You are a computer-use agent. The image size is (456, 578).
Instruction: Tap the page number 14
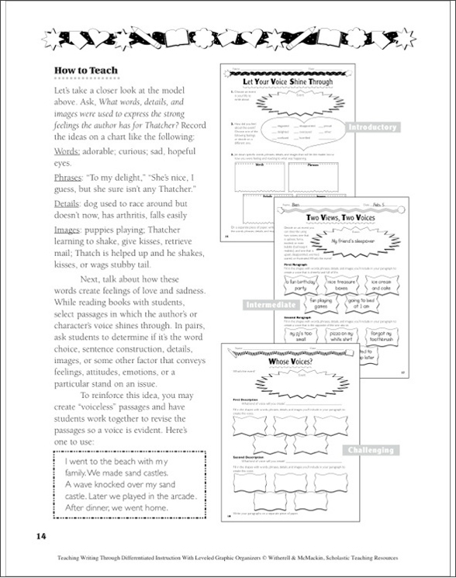pyautogui.click(x=41, y=536)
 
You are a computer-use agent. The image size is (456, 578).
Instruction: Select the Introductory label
pyautogui.click(x=371, y=128)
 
